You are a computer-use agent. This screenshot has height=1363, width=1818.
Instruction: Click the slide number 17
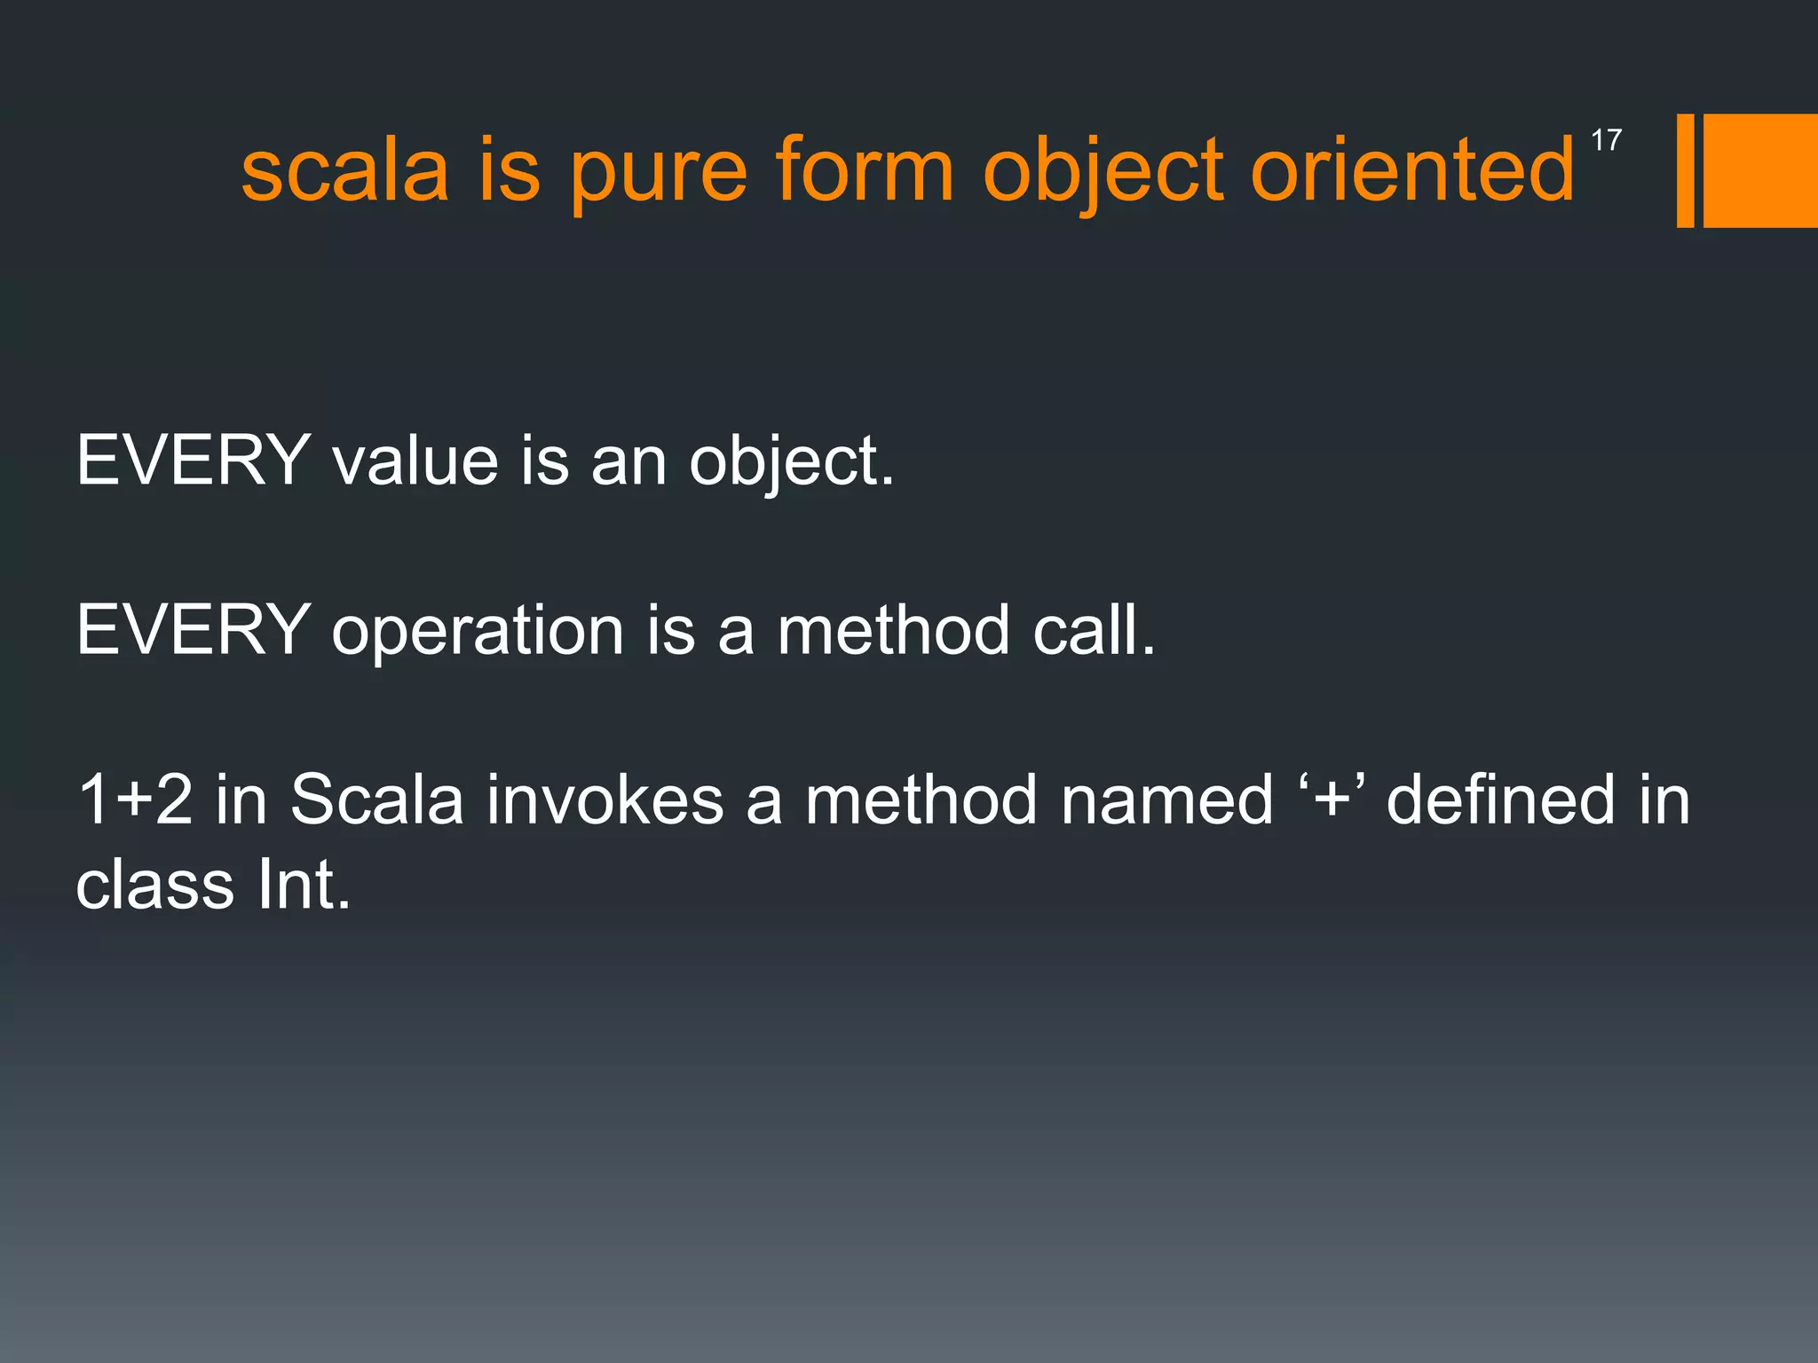[1606, 140]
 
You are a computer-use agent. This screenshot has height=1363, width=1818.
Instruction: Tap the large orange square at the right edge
[1760, 170]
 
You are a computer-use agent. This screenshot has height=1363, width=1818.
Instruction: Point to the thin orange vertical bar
[1685, 170]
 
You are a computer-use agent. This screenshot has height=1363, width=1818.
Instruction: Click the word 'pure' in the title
[658, 173]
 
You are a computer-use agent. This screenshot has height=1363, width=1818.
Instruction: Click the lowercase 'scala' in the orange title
[344, 170]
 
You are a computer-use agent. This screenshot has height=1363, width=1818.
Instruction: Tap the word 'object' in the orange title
[1102, 173]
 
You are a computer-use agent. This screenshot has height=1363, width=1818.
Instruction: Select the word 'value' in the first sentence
[415, 461]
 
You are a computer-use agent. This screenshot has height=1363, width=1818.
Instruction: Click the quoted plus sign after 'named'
[1330, 799]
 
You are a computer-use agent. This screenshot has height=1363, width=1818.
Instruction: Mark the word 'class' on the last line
[154, 886]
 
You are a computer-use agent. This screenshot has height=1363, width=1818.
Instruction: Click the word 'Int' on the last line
[303, 886]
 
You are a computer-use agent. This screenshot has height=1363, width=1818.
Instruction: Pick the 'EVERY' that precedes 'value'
[193, 461]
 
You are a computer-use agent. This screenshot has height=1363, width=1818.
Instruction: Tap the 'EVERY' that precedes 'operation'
[193, 630]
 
